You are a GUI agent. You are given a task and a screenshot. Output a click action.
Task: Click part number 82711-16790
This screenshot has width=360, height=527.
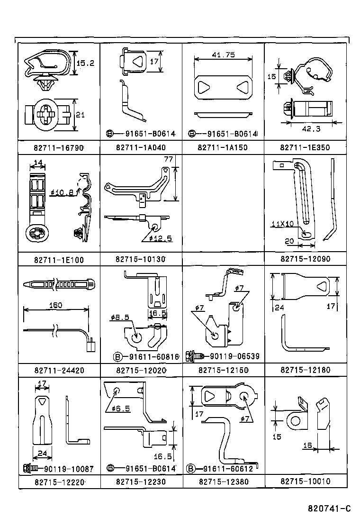click(x=59, y=148)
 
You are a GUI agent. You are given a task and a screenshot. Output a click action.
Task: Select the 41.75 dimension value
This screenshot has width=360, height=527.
click(x=223, y=55)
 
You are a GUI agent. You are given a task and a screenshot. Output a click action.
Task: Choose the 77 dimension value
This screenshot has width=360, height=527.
click(x=167, y=160)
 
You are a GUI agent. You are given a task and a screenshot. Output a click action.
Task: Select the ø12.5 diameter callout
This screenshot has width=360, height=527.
click(x=157, y=238)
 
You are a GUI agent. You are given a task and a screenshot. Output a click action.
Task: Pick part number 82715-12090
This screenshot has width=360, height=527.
click(x=305, y=259)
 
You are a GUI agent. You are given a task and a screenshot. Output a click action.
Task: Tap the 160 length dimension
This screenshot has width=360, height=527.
click(x=56, y=305)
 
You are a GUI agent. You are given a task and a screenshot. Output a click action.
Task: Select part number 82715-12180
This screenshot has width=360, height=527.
click(x=305, y=370)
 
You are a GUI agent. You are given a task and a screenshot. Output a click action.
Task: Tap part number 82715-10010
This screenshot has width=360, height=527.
click(x=305, y=482)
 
